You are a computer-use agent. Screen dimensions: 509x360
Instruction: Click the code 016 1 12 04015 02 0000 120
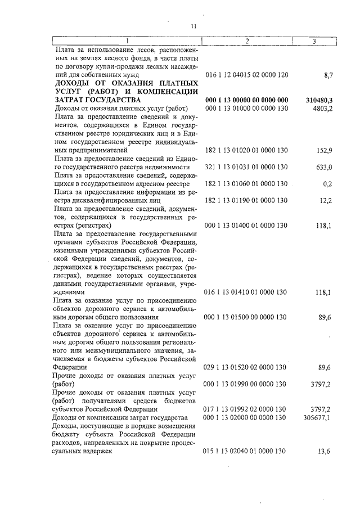247,74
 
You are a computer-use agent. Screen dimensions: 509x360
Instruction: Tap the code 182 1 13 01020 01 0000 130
247,150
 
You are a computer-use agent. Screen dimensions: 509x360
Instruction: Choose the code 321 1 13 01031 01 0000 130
247,167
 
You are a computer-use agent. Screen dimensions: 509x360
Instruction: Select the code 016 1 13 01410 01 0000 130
247,292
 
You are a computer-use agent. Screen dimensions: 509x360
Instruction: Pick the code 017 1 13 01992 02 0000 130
247,409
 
